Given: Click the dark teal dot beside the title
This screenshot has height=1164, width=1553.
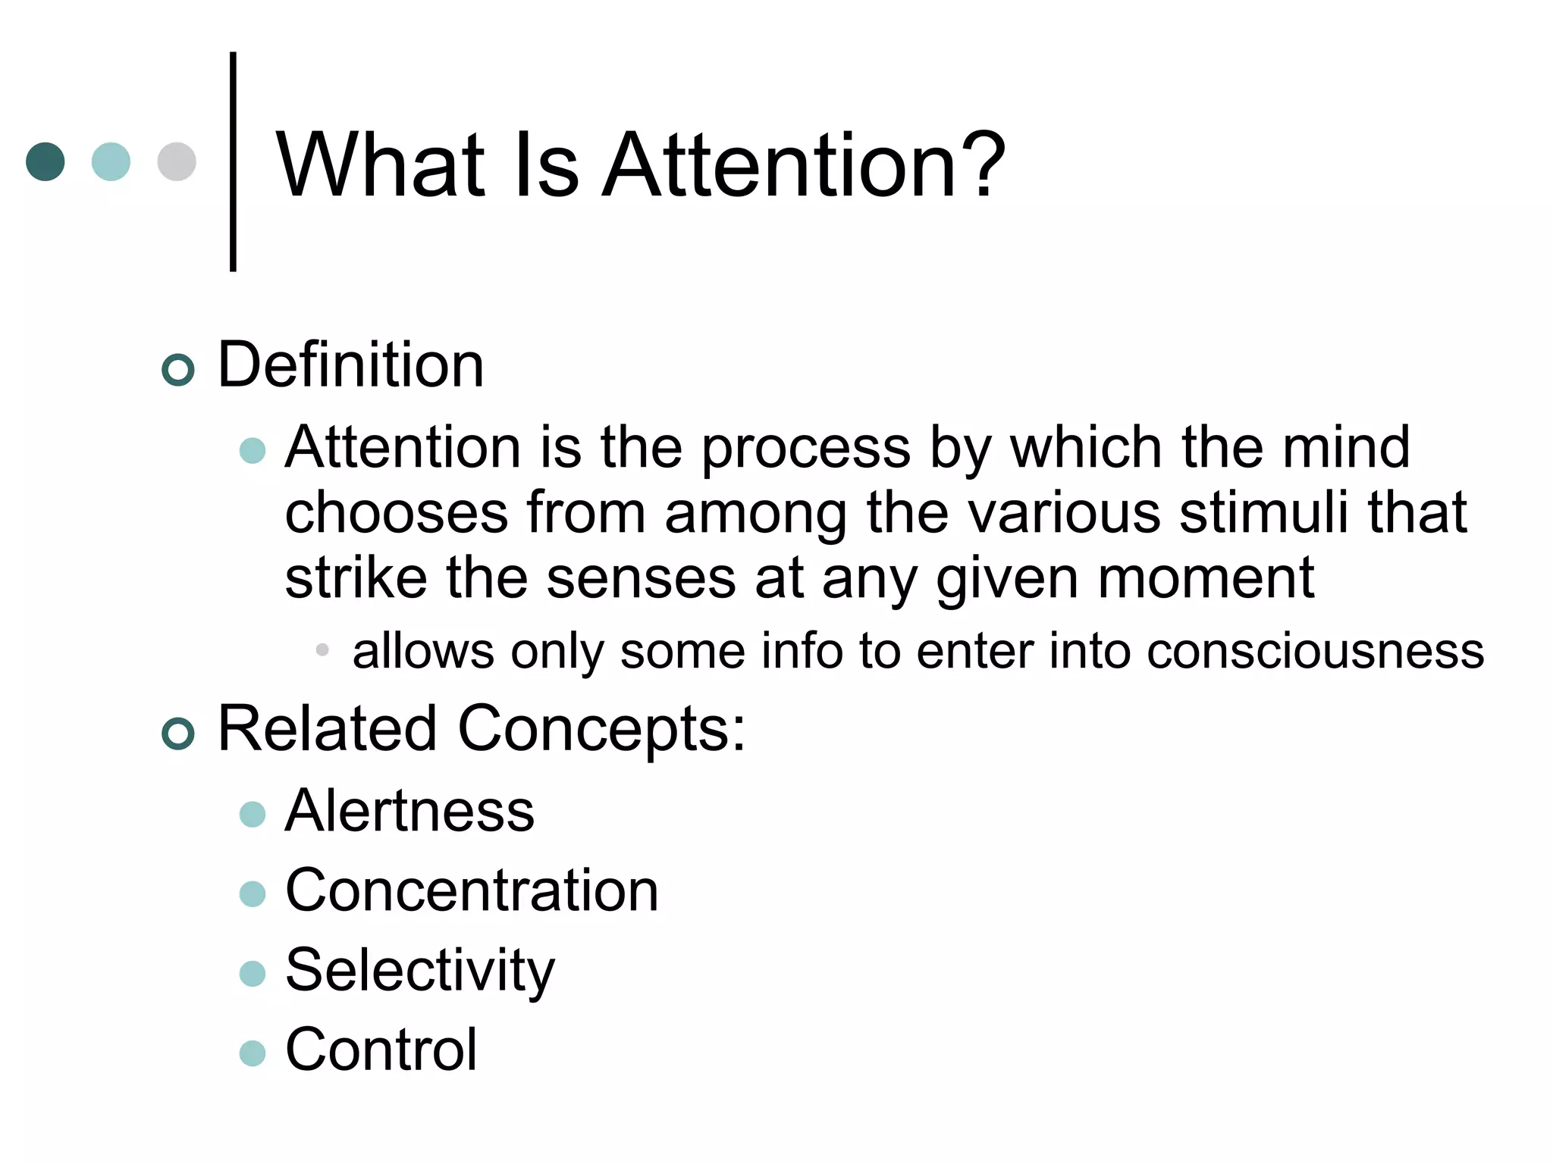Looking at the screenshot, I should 45,161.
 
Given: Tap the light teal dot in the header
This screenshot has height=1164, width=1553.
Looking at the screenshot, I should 111,161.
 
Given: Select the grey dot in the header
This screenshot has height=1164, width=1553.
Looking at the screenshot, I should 177,161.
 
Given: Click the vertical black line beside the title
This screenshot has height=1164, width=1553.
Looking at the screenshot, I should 233,161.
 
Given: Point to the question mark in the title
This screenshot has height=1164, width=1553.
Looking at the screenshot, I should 982,164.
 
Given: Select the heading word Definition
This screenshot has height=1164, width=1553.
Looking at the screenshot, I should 350,365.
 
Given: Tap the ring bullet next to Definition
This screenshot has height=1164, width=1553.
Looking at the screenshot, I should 178,370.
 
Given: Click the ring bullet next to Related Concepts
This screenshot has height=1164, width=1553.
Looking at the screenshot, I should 178,734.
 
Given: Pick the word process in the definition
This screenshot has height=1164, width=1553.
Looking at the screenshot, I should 805,449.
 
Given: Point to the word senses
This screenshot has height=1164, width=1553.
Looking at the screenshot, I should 641,578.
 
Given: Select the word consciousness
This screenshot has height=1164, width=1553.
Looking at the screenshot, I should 1315,651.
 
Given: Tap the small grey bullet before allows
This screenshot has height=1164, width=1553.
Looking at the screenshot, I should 322,649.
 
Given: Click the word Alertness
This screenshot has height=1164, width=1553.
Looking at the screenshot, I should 409,811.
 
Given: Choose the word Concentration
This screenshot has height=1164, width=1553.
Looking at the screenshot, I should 472,890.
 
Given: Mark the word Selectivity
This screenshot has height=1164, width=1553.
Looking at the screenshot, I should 420,971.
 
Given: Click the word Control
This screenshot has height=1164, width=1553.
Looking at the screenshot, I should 381,1050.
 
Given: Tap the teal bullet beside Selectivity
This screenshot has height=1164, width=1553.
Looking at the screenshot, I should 253,973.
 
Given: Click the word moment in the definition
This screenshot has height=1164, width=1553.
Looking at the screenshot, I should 1206,578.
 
